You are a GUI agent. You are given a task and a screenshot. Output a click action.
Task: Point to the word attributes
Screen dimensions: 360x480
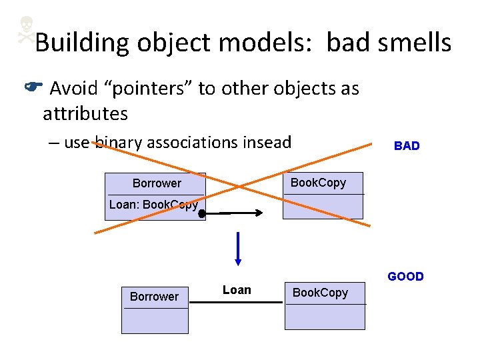(x=85, y=114)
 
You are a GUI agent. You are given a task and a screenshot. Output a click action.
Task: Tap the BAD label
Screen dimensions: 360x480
(x=407, y=146)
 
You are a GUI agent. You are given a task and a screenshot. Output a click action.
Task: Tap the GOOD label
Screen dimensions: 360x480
(x=405, y=277)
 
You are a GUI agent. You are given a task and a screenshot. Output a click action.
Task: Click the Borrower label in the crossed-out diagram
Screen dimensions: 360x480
(x=157, y=183)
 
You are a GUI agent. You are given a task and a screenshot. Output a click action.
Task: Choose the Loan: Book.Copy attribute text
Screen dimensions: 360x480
(x=153, y=205)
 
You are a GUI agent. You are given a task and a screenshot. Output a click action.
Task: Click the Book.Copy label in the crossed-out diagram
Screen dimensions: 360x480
(x=318, y=183)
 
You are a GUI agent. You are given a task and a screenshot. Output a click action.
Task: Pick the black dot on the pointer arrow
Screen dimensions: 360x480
(x=201, y=214)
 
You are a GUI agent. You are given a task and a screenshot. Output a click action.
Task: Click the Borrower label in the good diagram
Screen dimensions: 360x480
(x=154, y=297)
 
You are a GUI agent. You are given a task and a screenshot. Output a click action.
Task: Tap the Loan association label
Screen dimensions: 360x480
(x=237, y=290)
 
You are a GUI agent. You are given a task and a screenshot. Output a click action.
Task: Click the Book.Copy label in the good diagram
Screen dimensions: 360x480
(x=321, y=293)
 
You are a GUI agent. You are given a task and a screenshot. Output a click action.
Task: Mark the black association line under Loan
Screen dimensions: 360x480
(x=235, y=302)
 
